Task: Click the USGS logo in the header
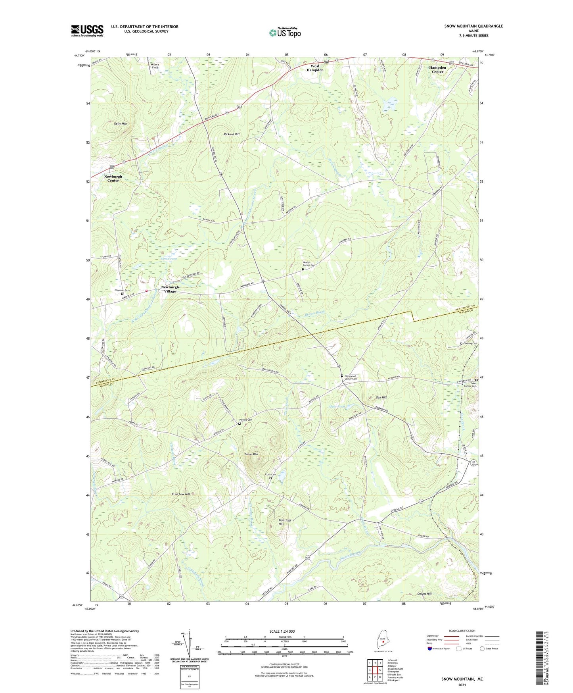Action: pyautogui.click(x=87, y=31)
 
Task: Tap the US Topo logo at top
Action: pyautogui.click(x=284, y=33)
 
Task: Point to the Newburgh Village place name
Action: pyautogui.click(x=170, y=289)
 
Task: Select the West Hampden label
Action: pyautogui.click(x=315, y=68)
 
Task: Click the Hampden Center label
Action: pyautogui.click(x=437, y=69)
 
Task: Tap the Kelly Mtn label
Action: pyautogui.click(x=121, y=124)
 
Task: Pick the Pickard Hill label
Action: pyautogui.click(x=232, y=134)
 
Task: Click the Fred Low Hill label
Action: pyautogui.click(x=180, y=494)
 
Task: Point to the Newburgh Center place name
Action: pyautogui.click(x=113, y=178)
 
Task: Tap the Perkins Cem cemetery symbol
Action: pyautogui.click(x=239, y=423)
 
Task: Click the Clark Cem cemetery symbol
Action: pyautogui.click(x=271, y=478)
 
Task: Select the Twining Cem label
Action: pyautogui.click(x=470, y=343)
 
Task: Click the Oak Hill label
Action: pyautogui.click(x=381, y=397)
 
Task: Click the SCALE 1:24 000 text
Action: pyautogui.click(x=282, y=631)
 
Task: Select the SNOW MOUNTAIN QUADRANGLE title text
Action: pyautogui.click(x=473, y=26)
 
